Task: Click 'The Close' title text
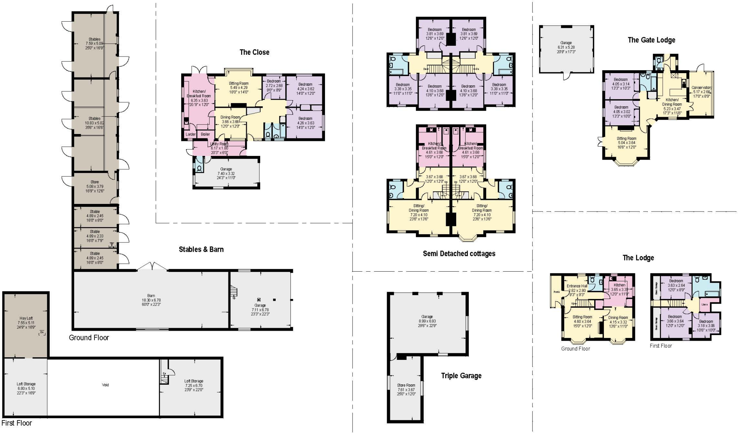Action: [x=254, y=52]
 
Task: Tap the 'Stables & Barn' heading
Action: [x=201, y=249]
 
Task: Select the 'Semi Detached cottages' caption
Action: [x=459, y=254]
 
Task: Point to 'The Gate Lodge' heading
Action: [x=651, y=40]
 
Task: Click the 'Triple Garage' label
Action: [x=461, y=376]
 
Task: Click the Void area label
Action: [x=105, y=385]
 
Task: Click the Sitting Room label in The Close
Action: [x=239, y=83]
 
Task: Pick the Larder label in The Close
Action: [x=190, y=134]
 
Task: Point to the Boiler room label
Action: [x=205, y=134]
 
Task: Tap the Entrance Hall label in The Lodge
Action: [x=577, y=286]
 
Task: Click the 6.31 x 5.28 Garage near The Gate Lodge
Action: [x=566, y=47]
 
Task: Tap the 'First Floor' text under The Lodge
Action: [x=661, y=346]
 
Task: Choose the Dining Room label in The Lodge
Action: [x=618, y=318]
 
